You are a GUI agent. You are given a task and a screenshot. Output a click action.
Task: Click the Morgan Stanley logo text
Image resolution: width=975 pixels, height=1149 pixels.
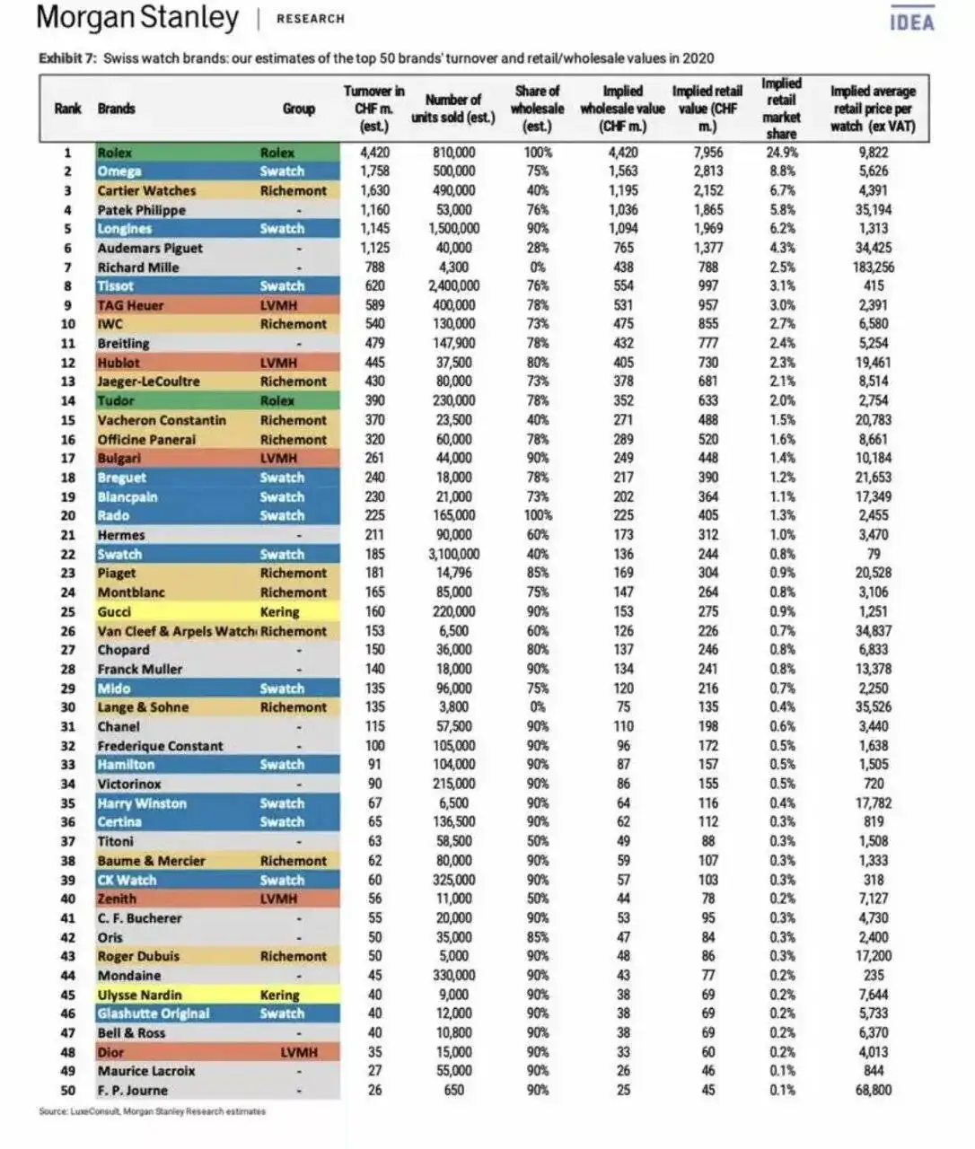tap(138, 18)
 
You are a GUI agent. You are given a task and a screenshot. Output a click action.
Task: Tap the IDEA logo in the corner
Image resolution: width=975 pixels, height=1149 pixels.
tap(912, 22)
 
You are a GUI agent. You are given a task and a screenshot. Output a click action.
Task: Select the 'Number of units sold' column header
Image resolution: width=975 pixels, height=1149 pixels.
tap(452, 109)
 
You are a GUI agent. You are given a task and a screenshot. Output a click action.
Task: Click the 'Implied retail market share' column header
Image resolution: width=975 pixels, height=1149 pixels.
tap(781, 109)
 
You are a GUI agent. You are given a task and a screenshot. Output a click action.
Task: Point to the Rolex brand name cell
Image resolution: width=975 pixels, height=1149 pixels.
tap(115, 153)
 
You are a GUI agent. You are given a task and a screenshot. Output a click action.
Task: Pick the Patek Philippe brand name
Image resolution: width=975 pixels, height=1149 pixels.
tap(142, 210)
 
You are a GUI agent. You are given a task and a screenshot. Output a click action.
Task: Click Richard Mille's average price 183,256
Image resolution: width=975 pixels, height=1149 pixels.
tap(872, 268)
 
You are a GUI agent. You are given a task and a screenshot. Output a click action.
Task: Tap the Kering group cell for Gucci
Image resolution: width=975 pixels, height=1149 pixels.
tap(279, 612)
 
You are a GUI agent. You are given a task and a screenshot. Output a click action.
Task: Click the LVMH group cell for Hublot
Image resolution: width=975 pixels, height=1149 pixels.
tap(277, 363)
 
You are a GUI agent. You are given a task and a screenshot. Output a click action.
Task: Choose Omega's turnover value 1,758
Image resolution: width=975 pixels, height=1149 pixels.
tap(374, 171)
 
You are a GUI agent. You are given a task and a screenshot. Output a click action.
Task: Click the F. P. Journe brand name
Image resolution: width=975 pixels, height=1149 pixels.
tap(133, 1091)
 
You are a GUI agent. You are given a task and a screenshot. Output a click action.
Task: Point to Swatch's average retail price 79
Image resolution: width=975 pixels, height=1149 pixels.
tap(874, 555)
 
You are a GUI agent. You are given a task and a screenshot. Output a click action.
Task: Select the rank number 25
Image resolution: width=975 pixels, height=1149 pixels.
tap(67, 612)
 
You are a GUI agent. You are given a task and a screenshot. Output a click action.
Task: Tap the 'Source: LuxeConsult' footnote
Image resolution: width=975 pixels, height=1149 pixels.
tap(153, 1111)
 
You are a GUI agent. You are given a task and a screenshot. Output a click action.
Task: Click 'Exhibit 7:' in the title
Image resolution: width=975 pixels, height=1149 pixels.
tap(67, 58)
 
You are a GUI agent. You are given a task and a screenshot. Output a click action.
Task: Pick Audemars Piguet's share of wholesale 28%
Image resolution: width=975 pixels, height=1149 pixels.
tap(538, 249)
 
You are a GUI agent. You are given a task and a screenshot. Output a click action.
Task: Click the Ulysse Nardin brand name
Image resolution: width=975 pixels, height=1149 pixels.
tap(140, 996)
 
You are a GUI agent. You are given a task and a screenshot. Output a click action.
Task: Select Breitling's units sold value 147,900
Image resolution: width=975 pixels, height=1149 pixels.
tap(453, 344)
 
